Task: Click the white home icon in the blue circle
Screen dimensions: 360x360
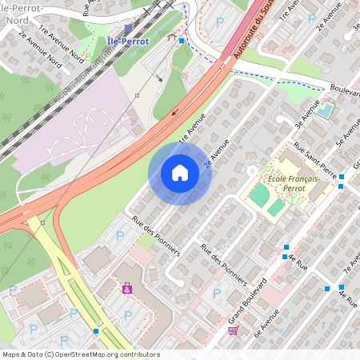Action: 180,172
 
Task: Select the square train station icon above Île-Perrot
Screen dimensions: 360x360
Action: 128,28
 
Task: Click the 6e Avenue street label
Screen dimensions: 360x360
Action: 266,323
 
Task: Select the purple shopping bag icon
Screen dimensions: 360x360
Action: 126,289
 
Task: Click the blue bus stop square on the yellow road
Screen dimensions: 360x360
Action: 97,330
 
